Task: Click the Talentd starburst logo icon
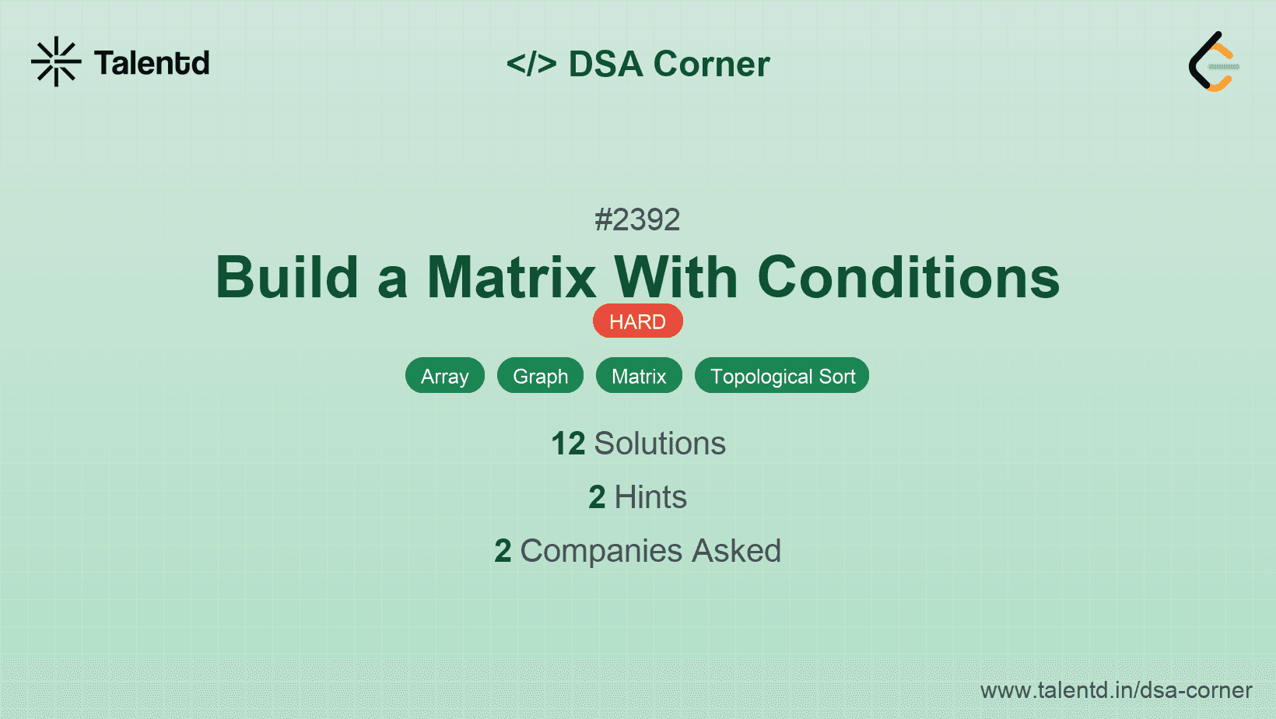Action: pyautogui.click(x=56, y=61)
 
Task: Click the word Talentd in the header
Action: pyautogui.click(x=152, y=63)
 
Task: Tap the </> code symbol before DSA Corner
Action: pyautogui.click(x=531, y=63)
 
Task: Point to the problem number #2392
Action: pyautogui.click(x=637, y=220)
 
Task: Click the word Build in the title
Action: pyautogui.click(x=287, y=278)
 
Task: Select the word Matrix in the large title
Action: pyautogui.click(x=511, y=278)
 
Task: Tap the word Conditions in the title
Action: pyautogui.click(x=908, y=278)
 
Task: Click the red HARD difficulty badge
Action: pyautogui.click(x=637, y=321)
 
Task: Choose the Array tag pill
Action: pyautogui.click(x=445, y=376)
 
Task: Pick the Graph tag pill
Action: pyautogui.click(x=540, y=376)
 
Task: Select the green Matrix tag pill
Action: pyautogui.click(x=639, y=376)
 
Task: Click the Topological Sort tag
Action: pyautogui.click(x=782, y=376)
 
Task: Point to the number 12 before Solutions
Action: pyautogui.click(x=568, y=444)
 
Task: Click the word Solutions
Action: pyautogui.click(x=660, y=444)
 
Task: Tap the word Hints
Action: pyautogui.click(x=650, y=496)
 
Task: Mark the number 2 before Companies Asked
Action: pyautogui.click(x=503, y=551)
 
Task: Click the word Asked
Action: pyautogui.click(x=736, y=551)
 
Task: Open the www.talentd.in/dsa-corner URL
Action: pyautogui.click(x=1116, y=690)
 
